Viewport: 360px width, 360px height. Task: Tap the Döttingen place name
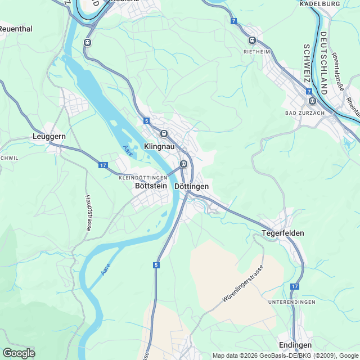(x=192, y=186)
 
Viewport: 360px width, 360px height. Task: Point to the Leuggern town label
(x=49, y=137)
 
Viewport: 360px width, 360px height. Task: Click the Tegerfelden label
(x=283, y=233)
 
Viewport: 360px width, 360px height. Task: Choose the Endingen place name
(x=295, y=345)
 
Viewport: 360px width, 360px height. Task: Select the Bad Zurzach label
(x=305, y=114)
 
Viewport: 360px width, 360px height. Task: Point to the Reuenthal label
(x=16, y=28)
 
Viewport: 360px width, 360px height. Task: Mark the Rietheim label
(x=257, y=51)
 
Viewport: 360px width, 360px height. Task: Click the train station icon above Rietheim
(x=252, y=40)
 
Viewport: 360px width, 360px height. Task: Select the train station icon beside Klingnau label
(x=164, y=134)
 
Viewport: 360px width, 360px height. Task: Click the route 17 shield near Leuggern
(x=102, y=165)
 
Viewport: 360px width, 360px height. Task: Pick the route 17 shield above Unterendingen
(x=294, y=287)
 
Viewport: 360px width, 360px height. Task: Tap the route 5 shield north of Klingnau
(x=146, y=120)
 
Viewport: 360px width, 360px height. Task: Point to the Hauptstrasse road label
(x=88, y=213)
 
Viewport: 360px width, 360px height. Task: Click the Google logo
(x=19, y=353)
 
